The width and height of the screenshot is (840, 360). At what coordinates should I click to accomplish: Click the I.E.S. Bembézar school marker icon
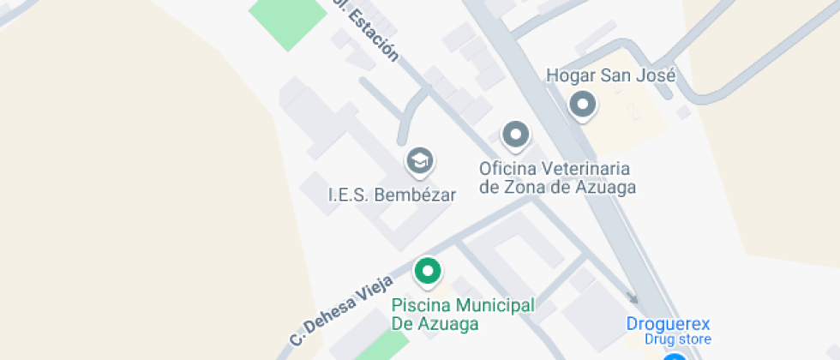419,160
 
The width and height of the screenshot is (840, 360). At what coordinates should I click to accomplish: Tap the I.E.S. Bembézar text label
392,195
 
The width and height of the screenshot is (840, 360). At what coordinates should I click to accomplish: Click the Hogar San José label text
611,75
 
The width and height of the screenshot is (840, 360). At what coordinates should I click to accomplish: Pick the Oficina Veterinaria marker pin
515,135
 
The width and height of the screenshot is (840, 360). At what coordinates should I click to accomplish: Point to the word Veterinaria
584,168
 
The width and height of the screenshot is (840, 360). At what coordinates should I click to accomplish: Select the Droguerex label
668,324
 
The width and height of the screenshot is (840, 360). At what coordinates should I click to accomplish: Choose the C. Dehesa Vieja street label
341,309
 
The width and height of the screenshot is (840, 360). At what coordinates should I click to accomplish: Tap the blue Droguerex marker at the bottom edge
675,356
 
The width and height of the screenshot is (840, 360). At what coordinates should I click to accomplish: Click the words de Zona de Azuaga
557,186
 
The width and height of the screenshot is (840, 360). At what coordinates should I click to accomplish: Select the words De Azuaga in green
435,324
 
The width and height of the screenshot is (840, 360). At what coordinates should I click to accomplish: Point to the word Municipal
495,306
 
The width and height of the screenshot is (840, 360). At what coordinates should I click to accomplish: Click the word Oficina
507,168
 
